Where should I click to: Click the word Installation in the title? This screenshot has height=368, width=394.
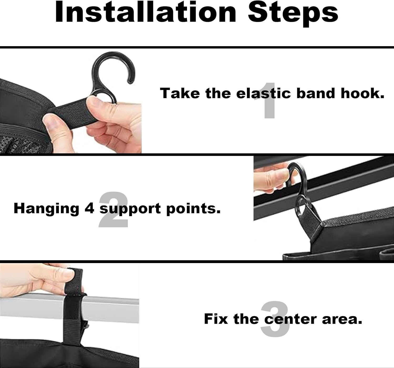point(146,12)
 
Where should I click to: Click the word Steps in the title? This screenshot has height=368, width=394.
point(293,14)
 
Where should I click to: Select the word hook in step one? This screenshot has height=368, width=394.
point(363,93)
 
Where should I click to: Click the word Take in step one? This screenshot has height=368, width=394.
point(180,93)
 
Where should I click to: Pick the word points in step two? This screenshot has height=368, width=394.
point(193,209)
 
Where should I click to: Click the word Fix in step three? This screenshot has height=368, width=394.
point(216,319)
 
